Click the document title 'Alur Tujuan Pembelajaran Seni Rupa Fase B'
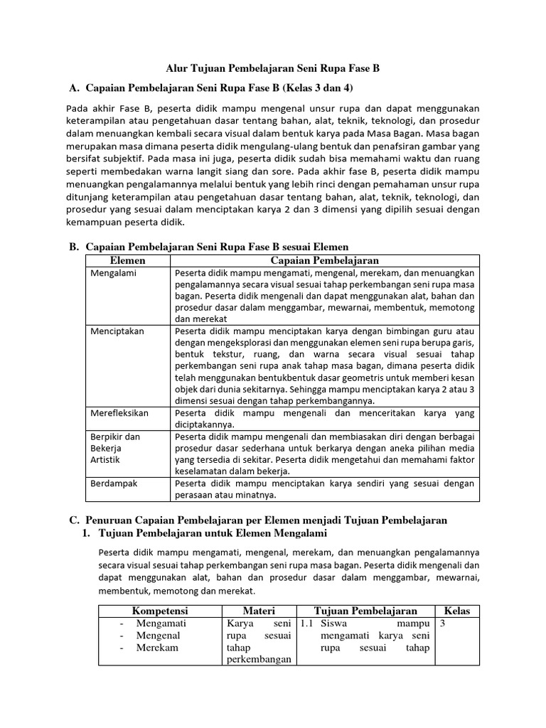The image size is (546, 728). pos(273,69)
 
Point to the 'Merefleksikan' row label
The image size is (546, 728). pos(122,412)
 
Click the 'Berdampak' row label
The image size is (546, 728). pos(114,483)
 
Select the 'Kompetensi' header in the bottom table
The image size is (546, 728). pos(159,611)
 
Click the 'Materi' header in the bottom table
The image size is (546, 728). pos(259,611)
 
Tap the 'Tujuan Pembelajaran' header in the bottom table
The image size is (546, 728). pos(365,611)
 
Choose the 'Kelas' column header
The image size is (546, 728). pos(457,611)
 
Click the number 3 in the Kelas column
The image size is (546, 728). pos(443,623)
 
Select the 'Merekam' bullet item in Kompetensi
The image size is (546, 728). pos(158,648)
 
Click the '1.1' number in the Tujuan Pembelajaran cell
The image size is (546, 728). pos(307,623)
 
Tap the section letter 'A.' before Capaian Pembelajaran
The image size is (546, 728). pos(73,88)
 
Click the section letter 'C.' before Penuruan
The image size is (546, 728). pos(73,520)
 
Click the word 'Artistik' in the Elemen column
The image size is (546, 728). pos(107,459)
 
